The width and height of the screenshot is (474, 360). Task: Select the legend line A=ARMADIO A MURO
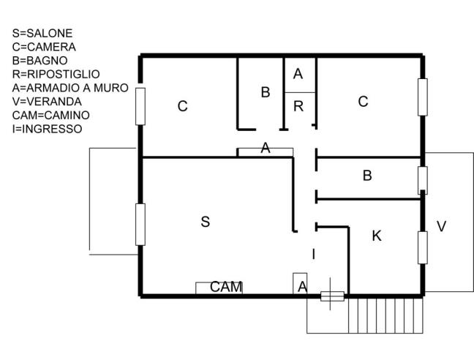70,88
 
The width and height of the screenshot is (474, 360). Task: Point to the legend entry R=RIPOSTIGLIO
56,74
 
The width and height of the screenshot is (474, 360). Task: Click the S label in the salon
205,222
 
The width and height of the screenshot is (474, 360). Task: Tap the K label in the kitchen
377,236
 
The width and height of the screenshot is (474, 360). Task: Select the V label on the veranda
441,227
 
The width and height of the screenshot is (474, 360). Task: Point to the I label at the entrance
313,254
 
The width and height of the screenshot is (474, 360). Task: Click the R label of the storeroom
298,107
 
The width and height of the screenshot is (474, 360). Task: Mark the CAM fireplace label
226,287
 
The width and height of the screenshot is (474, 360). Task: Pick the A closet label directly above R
298,74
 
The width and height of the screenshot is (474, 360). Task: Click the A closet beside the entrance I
301,287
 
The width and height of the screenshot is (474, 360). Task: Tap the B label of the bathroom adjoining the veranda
367,176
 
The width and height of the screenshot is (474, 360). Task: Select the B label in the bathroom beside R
266,92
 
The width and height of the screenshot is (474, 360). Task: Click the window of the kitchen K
422,247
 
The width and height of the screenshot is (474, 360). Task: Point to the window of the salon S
140,224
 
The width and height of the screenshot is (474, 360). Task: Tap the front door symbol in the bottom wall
332,296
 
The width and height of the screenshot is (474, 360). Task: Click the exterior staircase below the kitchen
385,315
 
